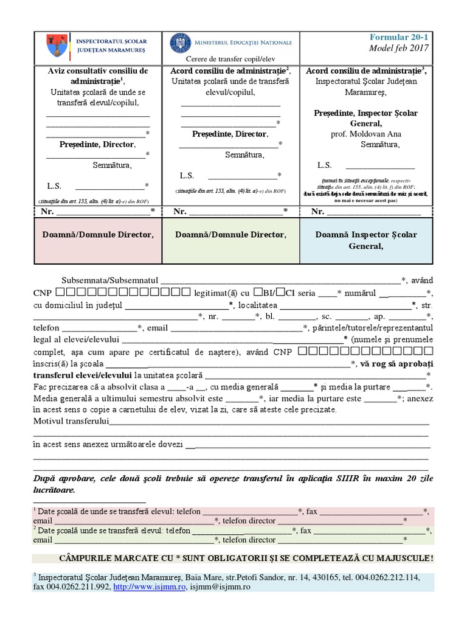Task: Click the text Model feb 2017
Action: click(x=402, y=48)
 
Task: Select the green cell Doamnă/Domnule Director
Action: click(x=231, y=234)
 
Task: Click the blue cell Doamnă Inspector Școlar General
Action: click(x=366, y=240)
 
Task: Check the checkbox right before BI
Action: click(x=258, y=292)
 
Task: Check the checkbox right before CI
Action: click(x=282, y=292)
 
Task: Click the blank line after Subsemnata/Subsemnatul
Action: click(x=280, y=280)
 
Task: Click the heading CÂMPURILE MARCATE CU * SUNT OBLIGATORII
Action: click(x=246, y=559)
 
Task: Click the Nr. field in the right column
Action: click(x=374, y=212)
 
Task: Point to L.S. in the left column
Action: click(x=55, y=186)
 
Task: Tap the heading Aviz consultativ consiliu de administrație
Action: click(x=97, y=76)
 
